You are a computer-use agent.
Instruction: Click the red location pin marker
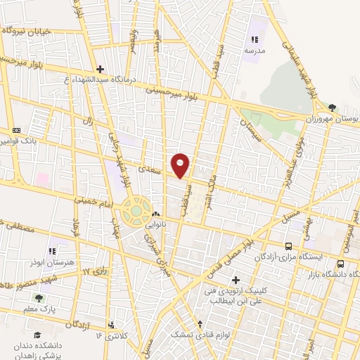coord(181,165)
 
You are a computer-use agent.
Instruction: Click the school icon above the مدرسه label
coord(255,41)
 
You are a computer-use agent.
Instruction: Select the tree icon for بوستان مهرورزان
coord(332,108)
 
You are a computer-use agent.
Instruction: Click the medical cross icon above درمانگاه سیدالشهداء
coord(101,69)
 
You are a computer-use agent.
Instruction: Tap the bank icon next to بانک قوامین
coord(15,130)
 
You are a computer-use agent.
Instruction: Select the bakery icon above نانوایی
coord(155,214)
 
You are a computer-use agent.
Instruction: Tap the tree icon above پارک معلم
coord(39,298)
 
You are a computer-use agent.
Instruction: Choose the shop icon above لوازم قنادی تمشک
coord(202,325)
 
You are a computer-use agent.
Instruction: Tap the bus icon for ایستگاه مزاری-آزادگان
coord(289,246)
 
